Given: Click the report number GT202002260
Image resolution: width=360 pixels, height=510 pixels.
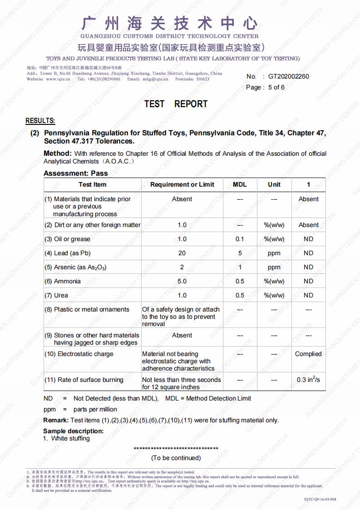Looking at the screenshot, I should click(288, 76).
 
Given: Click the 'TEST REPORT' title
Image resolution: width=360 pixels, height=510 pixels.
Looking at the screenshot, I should click(176, 104).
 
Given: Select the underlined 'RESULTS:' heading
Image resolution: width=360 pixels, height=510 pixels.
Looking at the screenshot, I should click(40, 121).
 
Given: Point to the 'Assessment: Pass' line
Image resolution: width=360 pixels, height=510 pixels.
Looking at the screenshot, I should click(76, 173).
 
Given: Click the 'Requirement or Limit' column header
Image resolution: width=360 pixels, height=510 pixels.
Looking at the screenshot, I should click(182, 184).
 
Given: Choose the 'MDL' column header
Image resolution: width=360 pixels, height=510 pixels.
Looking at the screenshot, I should click(240, 184).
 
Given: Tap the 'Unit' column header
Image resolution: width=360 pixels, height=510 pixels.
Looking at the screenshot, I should click(274, 184).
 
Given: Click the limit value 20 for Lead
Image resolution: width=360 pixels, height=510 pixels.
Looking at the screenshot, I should click(182, 253).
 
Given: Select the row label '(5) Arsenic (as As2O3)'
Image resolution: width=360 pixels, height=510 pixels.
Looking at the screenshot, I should click(75, 267).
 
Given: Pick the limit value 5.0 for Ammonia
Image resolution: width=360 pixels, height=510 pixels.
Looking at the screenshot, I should click(182, 281).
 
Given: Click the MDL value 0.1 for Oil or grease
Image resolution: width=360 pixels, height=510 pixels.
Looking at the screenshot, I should click(240, 239).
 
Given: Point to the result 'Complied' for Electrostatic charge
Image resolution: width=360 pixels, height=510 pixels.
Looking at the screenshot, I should click(308, 354).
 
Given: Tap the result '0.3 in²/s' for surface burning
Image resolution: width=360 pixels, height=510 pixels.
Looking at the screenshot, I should click(308, 380).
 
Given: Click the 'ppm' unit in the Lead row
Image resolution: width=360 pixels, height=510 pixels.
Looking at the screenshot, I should click(274, 253).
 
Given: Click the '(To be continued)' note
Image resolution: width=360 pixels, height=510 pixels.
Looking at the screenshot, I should click(176, 458).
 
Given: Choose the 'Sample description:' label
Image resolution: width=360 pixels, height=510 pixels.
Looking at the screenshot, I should click(74, 431).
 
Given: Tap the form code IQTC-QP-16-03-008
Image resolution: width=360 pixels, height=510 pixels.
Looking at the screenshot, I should click(320, 500).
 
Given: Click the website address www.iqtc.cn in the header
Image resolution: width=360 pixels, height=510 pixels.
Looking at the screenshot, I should click(58, 79).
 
